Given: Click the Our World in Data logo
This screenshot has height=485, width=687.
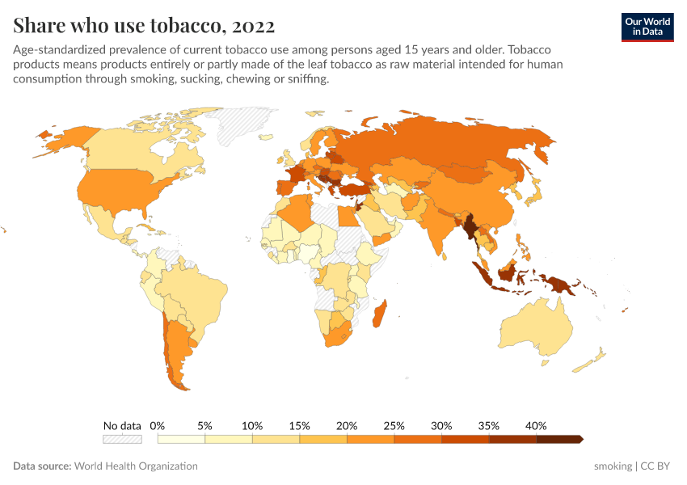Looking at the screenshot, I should pyautogui.click(x=647, y=27).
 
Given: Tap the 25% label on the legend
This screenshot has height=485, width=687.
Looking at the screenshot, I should pyautogui.click(x=394, y=425).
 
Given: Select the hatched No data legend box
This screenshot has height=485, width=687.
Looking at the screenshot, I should pyautogui.click(x=122, y=439).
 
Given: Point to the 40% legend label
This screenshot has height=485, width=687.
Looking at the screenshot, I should pyautogui.click(x=536, y=425).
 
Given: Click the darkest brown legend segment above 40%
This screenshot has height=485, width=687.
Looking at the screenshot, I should pyautogui.click(x=560, y=439).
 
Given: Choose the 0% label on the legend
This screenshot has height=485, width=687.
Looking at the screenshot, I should pyautogui.click(x=158, y=425).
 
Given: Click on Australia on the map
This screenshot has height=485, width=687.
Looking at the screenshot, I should pyautogui.click(x=537, y=331).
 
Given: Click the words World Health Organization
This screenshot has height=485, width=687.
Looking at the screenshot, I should pyautogui.click(x=136, y=466).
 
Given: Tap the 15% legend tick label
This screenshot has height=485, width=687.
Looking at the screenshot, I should pyautogui.click(x=299, y=425).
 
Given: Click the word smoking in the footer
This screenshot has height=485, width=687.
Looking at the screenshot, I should pyautogui.click(x=613, y=466).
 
